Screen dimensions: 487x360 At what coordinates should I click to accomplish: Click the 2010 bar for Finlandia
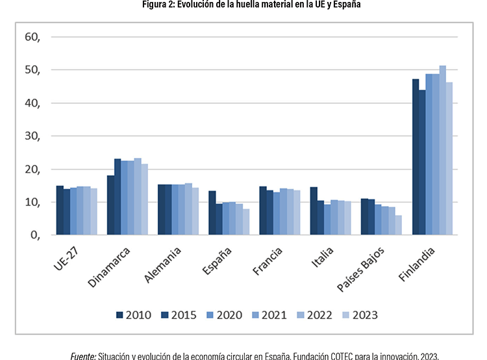[x=416, y=157]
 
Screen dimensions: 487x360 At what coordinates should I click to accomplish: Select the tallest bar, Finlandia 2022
[x=443, y=150]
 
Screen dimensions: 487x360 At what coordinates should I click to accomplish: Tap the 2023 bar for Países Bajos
[x=399, y=225]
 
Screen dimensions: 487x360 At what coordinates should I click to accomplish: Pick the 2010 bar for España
[x=212, y=212]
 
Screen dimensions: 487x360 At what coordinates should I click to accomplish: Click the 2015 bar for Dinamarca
[x=118, y=197]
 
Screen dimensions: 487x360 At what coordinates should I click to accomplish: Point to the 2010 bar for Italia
[x=314, y=211]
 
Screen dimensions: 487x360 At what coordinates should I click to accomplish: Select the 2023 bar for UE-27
[x=94, y=211]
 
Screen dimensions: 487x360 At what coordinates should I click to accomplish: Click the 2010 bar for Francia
[x=263, y=211]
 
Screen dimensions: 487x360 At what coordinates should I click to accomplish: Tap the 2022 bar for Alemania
[x=188, y=209]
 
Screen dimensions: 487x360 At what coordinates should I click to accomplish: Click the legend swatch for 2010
[x=119, y=315]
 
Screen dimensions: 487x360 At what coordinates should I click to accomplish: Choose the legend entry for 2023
[x=360, y=315]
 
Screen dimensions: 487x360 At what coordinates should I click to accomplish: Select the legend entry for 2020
[x=224, y=315]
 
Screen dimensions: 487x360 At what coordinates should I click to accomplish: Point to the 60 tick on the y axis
[x=32, y=37]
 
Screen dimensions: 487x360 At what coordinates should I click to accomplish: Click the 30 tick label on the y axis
[x=32, y=136]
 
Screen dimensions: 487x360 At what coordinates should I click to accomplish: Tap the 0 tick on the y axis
[x=36, y=235]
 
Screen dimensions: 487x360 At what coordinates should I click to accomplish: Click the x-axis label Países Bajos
[x=360, y=269]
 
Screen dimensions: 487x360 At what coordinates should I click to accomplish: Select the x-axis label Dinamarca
[x=108, y=267]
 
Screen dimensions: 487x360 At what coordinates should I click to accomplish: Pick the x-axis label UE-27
[x=66, y=259]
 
